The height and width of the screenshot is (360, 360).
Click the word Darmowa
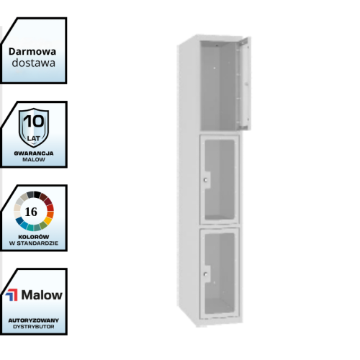pos(32,51)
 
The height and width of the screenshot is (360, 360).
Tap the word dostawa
pos(34,63)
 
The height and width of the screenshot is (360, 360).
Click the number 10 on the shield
pos(34,121)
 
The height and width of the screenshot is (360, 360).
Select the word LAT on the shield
pos(34,138)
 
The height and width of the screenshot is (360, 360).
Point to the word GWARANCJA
pos(34,153)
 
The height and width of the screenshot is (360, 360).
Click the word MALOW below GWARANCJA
pos(34,160)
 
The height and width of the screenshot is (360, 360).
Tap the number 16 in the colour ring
pos(31,212)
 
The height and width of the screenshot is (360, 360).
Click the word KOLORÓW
pos(34,237)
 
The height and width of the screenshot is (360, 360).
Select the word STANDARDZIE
pos(37,243)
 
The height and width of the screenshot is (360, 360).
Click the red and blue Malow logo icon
pos(12,294)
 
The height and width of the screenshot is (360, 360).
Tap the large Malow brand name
pos(42,294)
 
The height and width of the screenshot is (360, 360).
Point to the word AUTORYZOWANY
pos(34,320)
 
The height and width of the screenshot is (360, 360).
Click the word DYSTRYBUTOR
pos(34,327)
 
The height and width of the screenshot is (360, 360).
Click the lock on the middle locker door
pos(206,180)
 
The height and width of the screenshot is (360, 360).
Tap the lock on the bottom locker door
pos(206,274)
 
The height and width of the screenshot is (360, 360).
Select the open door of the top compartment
pos(244,83)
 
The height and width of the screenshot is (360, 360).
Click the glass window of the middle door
pos(220,179)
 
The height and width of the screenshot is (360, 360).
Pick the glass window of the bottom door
pos(220,273)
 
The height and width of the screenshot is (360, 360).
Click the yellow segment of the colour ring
pos(48,220)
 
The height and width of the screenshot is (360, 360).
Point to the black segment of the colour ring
pos(37,194)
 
